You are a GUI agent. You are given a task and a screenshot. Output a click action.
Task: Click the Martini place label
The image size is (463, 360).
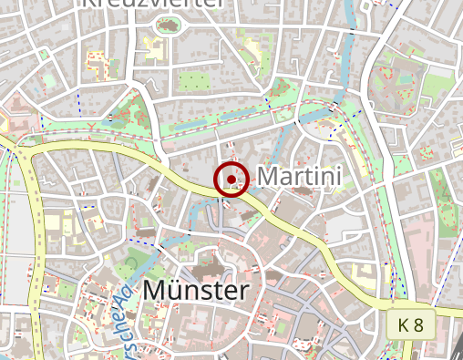[x=300, y=175]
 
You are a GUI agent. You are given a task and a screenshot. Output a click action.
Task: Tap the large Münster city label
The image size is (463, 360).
[x=196, y=291]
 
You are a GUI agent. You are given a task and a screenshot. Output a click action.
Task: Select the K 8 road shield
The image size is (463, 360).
[x=411, y=324]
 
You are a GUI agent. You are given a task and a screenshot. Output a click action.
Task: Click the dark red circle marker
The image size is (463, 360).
[x=231, y=178]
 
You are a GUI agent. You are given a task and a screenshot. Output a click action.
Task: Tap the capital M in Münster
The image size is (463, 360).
[x=155, y=291]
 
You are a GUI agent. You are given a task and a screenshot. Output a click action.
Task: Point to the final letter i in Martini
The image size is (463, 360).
[x=338, y=175]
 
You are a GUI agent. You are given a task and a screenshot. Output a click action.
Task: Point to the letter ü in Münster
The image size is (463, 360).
[x=179, y=291]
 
